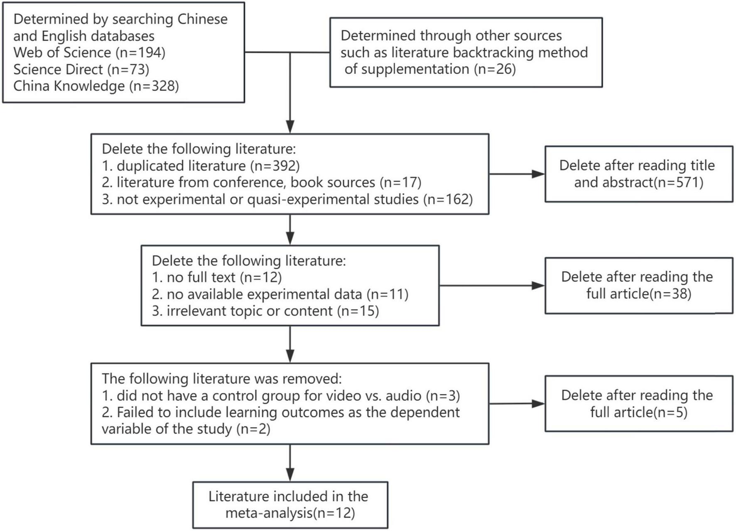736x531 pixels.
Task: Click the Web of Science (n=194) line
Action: [x=89, y=53]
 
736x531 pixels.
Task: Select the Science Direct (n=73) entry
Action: [x=81, y=69]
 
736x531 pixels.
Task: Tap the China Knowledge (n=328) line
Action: [x=96, y=86]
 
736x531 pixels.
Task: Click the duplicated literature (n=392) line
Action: [x=201, y=166]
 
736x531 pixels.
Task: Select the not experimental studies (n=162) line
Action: [x=287, y=199]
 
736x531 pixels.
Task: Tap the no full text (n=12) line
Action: [x=216, y=277]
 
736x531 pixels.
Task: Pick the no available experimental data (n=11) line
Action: [x=280, y=294]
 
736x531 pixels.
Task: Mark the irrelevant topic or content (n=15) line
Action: [x=265, y=311]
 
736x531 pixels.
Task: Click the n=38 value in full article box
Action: [x=670, y=294]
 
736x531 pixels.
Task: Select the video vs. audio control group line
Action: [x=281, y=396]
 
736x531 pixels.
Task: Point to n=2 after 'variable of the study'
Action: [x=253, y=429]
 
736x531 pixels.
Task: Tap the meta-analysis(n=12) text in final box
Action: [x=290, y=514]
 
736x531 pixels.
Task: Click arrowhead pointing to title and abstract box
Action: [x=538, y=174]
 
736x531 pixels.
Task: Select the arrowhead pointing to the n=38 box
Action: [x=538, y=286]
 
